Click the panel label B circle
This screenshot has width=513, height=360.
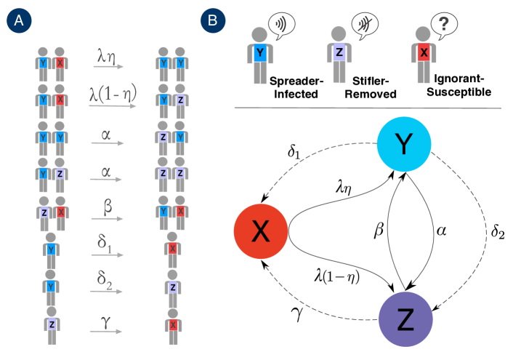212,21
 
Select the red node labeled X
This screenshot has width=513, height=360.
261,231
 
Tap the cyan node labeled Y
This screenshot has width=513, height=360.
404,144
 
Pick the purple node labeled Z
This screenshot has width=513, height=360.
405,319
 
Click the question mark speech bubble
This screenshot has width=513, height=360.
443,26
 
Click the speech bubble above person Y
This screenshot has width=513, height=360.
281,25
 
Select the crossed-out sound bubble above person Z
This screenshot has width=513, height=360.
365,25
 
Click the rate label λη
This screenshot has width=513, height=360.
108,55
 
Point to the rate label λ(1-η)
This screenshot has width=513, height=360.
113,94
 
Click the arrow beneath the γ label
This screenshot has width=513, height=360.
108,332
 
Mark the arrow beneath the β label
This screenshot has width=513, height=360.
108,218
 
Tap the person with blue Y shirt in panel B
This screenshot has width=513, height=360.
259,55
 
